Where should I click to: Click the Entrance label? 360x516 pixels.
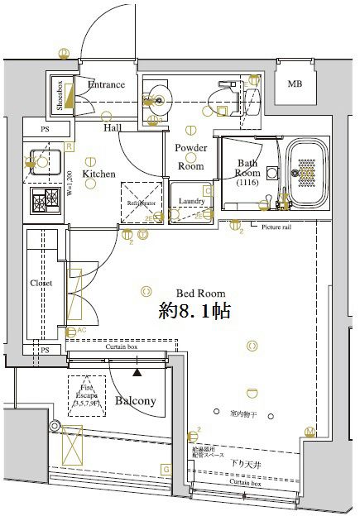tap(106, 84)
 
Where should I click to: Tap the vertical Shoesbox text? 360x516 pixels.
tap(60, 94)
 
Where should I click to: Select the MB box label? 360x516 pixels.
tap(295, 84)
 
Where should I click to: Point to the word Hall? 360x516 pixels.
tap(113, 128)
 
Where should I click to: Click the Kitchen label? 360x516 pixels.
tap(98, 174)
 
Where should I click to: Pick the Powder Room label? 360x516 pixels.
tap(191, 156)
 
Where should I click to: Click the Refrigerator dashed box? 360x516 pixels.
tap(142, 202)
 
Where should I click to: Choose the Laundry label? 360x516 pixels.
tap(191, 201)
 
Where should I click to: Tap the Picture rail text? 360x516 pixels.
tap(277, 227)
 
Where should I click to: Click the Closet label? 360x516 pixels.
tap(41, 283)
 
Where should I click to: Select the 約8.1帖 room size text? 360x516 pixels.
tap(194, 311)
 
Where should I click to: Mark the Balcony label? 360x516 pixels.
tap(135, 401)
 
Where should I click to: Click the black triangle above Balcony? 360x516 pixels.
tap(137, 373)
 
